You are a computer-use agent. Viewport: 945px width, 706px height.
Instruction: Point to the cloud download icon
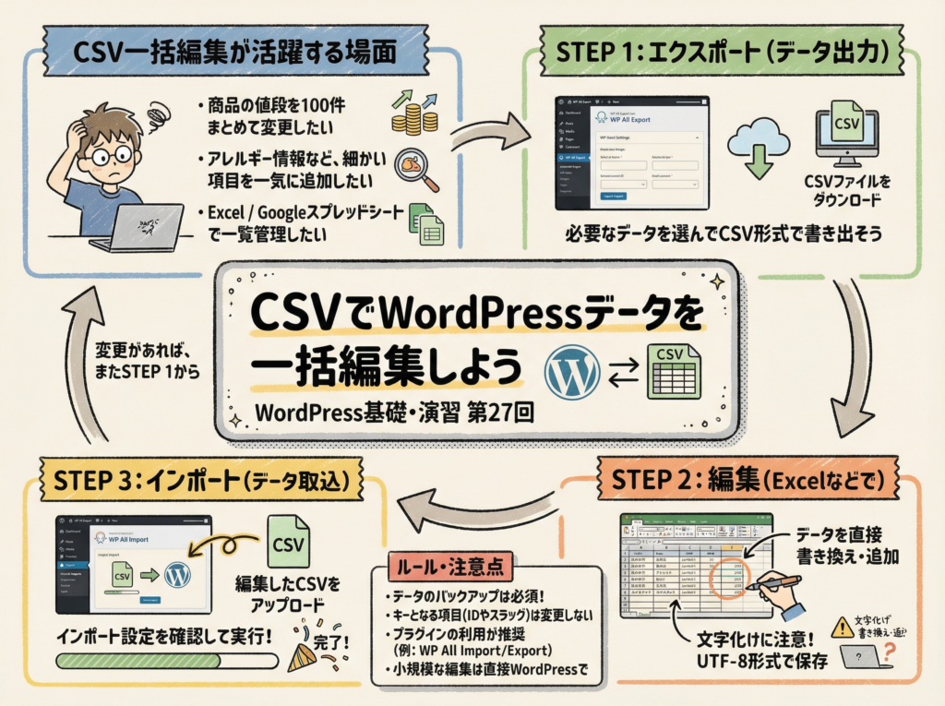(759, 148)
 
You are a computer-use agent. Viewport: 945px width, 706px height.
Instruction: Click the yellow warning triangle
(840, 628)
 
